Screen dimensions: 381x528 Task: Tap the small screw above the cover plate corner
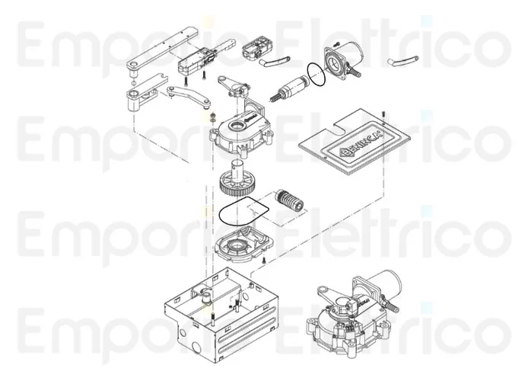[x=383, y=114]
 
